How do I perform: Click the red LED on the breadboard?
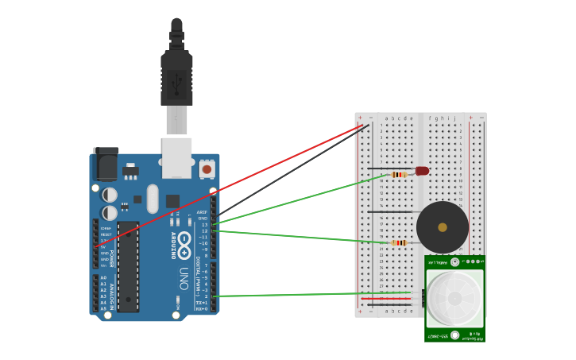[x=422, y=171]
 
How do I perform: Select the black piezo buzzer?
[x=443, y=227]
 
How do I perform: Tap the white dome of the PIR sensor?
[x=454, y=298]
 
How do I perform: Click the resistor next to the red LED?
[x=400, y=174]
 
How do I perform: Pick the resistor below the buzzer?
[x=399, y=242]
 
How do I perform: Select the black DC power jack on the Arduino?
[x=106, y=165]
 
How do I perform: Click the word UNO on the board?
[x=183, y=279]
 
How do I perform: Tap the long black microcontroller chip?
[x=128, y=266]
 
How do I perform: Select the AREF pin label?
[x=202, y=212]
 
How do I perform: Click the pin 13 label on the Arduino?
[x=204, y=225]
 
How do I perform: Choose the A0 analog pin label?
[x=103, y=277]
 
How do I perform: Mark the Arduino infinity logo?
[x=184, y=240]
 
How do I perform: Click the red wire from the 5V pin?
[x=230, y=186]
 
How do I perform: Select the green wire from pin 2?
[x=310, y=295]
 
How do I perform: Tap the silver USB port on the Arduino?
[x=176, y=157]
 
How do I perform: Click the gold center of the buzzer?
[x=442, y=227]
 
